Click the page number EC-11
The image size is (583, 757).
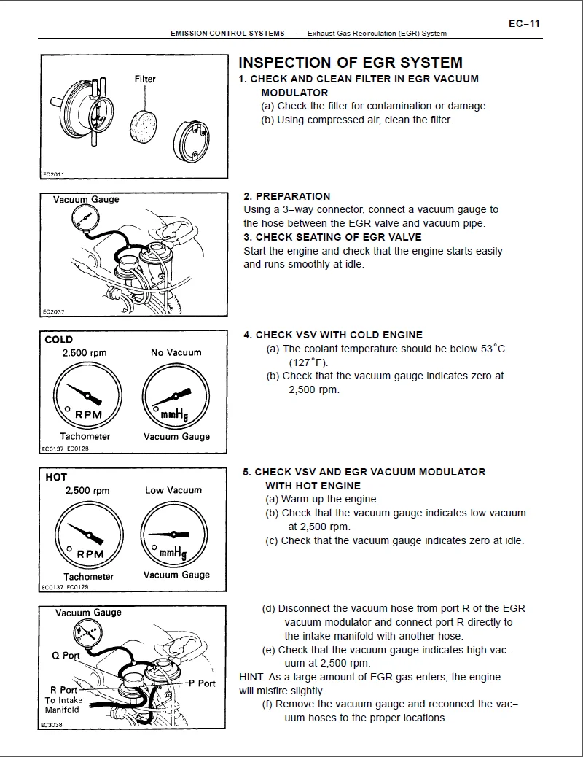(x=524, y=23)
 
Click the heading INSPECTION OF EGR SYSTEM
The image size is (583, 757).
(x=350, y=63)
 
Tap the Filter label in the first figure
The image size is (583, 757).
(x=145, y=79)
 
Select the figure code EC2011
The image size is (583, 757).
(x=53, y=174)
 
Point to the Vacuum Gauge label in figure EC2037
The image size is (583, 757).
(x=86, y=199)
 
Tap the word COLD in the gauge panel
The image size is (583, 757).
(x=59, y=339)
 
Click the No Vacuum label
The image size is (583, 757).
(x=176, y=352)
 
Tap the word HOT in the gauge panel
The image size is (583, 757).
(x=56, y=477)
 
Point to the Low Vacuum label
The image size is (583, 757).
(x=173, y=490)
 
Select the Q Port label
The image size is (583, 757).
(x=66, y=656)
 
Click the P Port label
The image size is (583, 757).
(x=202, y=683)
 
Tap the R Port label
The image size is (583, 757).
(x=63, y=690)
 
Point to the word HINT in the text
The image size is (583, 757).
(x=251, y=677)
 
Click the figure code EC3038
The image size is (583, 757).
(x=53, y=724)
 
